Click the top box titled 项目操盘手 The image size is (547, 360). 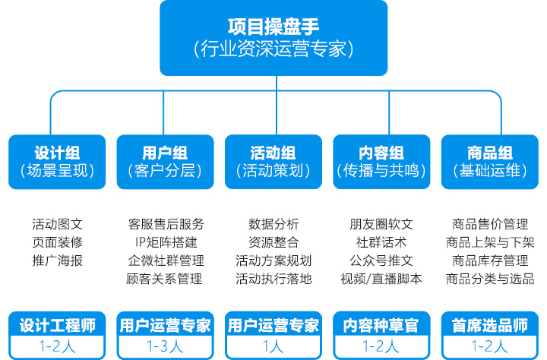coord(273,38)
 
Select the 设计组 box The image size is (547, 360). coord(57,161)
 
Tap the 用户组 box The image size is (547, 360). coord(165,161)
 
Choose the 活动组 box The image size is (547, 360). coord(273,161)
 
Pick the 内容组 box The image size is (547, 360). coord(381,161)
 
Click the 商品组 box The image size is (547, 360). coord(489,161)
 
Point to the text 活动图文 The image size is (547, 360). coord(57,224)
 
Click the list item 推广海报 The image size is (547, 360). coord(57,261)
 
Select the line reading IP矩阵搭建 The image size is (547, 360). coord(166,242)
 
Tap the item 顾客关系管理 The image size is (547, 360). coord(166,279)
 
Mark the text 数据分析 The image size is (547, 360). coord(273,224)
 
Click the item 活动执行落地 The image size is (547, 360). coord(273,279)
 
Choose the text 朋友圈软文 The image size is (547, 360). coord(381,224)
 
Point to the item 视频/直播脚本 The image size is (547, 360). coord(381,279)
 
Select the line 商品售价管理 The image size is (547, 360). coord(490,224)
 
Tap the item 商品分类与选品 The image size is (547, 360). coord(490,279)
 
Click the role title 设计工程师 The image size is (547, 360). coord(57,326)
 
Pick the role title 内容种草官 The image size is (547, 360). coord(381,326)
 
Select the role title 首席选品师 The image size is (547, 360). coord(489,326)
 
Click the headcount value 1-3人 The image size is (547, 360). coord(165,346)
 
